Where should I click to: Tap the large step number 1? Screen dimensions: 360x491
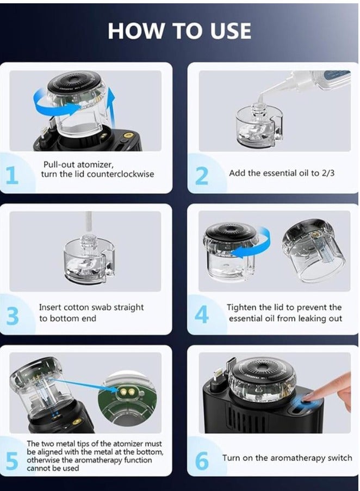12,175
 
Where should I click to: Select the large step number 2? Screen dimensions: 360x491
202,176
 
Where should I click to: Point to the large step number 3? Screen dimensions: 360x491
13,316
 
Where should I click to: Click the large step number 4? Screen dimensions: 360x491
201,315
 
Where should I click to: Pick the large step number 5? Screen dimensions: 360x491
12,461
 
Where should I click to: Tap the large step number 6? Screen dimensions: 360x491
202,461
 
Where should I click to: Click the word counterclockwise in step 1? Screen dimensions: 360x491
120,174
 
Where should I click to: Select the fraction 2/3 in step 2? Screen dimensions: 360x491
328,173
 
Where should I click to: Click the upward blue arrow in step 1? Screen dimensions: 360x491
110,106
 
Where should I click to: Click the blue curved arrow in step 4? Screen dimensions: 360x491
254,244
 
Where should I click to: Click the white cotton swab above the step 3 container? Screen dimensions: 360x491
89,222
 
